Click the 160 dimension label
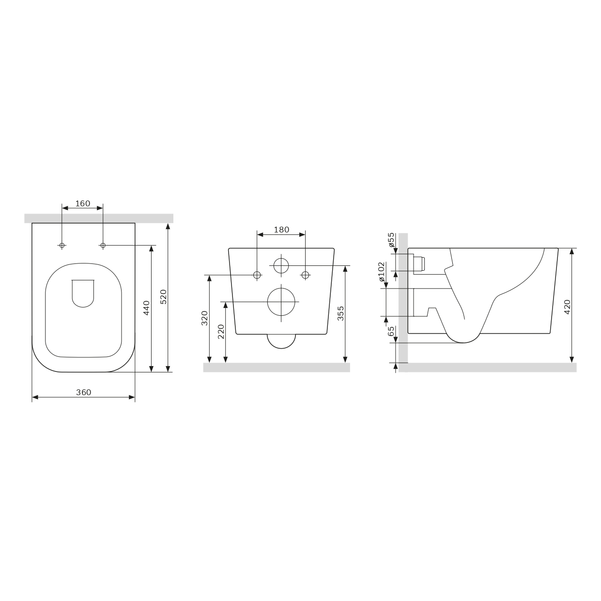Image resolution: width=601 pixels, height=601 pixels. coord(83,204)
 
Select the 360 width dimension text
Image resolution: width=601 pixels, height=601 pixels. coord(84,392)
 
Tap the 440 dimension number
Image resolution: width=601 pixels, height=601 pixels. coord(146,308)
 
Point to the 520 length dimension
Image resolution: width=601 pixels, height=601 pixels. coord(163,297)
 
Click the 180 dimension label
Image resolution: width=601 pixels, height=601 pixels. coord(282,230)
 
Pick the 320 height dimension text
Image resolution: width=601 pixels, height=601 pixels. coord(204,318)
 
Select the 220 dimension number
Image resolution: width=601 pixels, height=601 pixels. coord(221,332)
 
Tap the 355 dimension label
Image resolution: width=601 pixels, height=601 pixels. coord(341,313)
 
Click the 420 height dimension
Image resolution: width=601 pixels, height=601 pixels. coord(567,307)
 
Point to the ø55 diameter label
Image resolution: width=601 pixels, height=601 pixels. coord(392,240)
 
